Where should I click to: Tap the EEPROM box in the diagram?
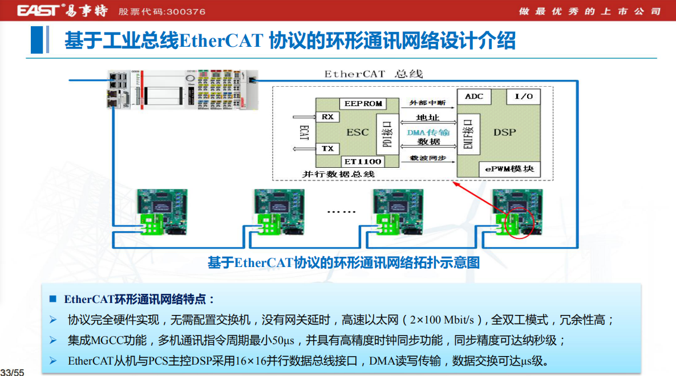363,104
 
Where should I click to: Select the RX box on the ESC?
327,117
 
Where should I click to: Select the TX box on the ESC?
327,148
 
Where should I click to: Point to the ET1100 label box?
363,161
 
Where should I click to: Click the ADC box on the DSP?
474,96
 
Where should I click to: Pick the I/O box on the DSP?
523,96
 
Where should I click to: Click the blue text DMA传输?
428,132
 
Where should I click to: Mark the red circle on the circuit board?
520,222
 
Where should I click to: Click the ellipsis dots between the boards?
341,211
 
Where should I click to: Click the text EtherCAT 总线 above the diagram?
374,74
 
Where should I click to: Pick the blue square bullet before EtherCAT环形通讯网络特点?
53,299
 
